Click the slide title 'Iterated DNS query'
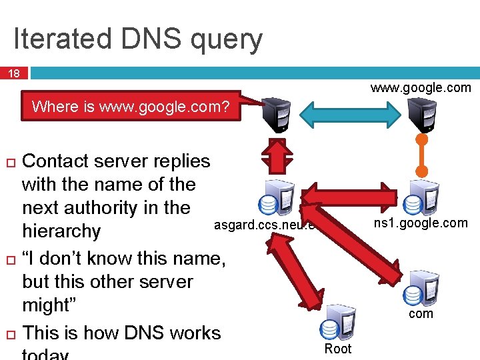138,39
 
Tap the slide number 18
13,74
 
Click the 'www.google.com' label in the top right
421,87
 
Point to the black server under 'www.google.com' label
421,114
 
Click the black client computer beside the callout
276,114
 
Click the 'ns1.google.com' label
421,223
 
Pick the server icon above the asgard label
276,196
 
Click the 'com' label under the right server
421,313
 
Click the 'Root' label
337,349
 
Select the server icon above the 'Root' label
337,326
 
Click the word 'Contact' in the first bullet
59,161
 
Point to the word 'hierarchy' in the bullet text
61,231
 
